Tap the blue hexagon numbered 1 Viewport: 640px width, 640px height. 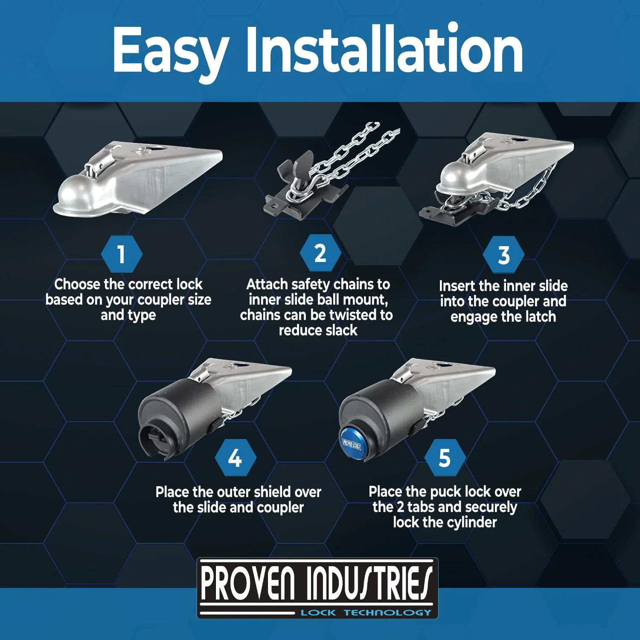pyautogui.click(x=122, y=254)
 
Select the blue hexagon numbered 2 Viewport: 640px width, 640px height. pyautogui.click(x=320, y=253)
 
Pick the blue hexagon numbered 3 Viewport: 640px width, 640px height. pyautogui.click(x=504, y=255)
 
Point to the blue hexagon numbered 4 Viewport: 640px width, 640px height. pyautogui.click(x=235, y=458)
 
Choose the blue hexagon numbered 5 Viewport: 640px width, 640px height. pyautogui.click(x=445, y=458)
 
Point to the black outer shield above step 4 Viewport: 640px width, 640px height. pyautogui.click(x=181, y=416)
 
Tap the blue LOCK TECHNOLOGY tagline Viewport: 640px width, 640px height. pyautogui.click(x=366, y=613)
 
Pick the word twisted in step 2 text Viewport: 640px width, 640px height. pyautogui.click(x=354, y=315)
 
